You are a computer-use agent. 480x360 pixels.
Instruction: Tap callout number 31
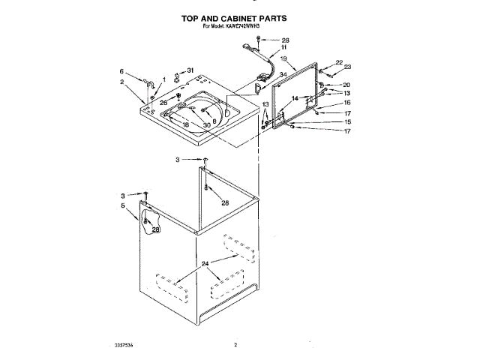pyautogui.click(x=190, y=71)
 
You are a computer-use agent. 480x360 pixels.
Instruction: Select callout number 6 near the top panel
pyautogui.click(x=121, y=71)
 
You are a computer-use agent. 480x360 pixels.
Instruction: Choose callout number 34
pyautogui.click(x=282, y=75)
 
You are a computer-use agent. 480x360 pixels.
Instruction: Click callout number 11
pyautogui.click(x=283, y=47)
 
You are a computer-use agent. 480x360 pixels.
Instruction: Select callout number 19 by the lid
pyautogui.click(x=283, y=58)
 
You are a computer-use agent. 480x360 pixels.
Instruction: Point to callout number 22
pyautogui.click(x=339, y=63)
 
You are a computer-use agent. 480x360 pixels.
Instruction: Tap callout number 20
pyautogui.click(x=346, y=85)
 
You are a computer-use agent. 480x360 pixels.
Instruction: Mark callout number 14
pyautogui.click(x=295, y=98)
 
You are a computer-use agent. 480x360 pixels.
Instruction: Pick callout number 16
pyautogui.click(x=346, y=103)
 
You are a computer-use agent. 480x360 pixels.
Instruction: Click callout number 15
pyautogui.click(x=346, y=121)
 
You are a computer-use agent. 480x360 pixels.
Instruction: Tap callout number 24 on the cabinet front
pyautogui.click(x=204, y=264)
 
